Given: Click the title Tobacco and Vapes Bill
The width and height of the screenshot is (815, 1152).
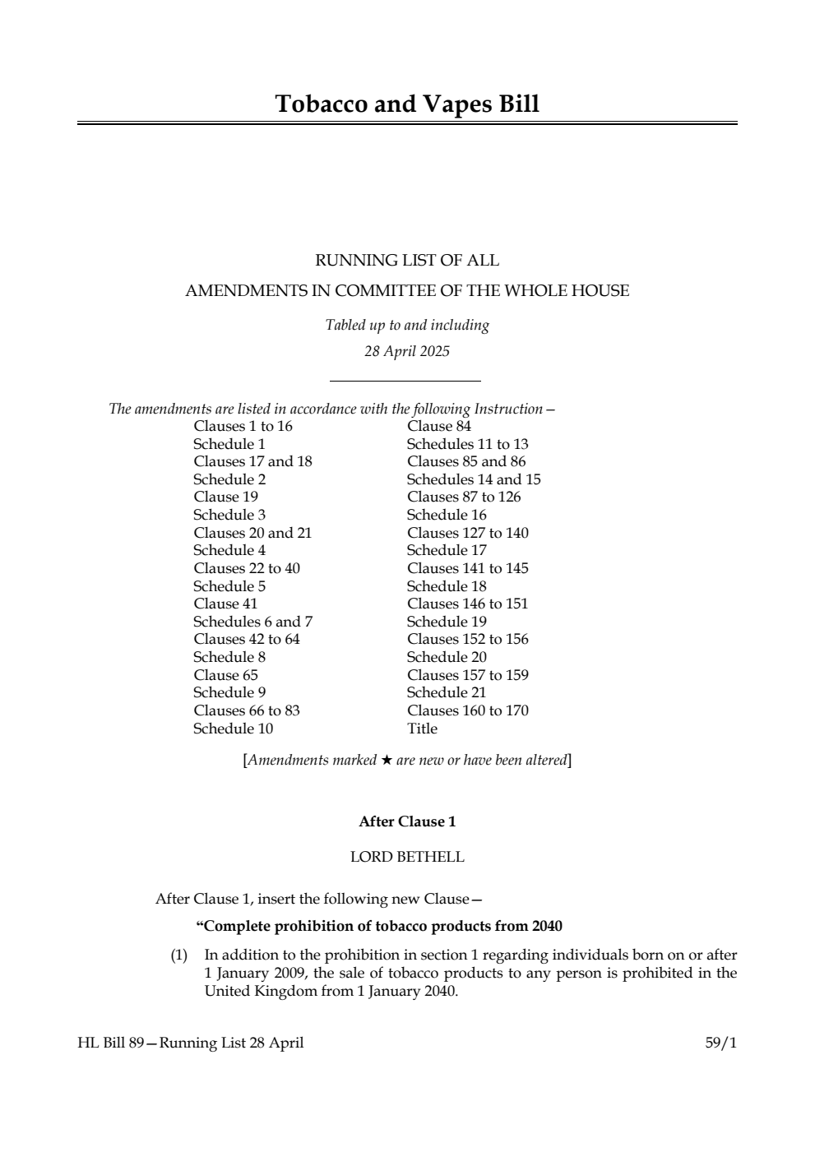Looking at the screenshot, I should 407,104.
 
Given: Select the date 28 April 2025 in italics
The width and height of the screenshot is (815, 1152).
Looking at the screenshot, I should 407,351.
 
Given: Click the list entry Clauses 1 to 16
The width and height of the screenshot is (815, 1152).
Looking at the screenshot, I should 243,426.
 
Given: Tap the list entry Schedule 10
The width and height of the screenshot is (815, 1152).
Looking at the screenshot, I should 233,729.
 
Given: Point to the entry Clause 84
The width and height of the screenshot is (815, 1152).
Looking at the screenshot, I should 438,426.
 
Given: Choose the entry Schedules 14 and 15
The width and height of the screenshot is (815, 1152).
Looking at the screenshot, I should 473,479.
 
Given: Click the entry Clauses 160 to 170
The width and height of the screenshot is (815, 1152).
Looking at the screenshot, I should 467,710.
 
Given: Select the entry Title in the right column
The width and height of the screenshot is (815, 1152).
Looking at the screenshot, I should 422,729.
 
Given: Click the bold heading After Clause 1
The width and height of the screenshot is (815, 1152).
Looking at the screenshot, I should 407,821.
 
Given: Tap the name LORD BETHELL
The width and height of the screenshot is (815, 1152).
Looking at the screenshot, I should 407,857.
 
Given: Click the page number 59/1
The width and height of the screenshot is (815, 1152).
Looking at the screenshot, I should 720,1043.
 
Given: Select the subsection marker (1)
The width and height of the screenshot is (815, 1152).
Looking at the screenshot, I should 178,955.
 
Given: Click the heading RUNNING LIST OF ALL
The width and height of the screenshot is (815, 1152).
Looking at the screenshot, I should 407,261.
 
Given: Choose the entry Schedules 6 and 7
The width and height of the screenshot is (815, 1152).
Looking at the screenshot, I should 252,622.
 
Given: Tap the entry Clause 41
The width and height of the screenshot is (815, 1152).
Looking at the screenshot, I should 225,604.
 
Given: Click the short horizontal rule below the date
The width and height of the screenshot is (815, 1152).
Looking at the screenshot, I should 405,381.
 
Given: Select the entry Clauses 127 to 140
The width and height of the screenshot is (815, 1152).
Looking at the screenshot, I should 467,533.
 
